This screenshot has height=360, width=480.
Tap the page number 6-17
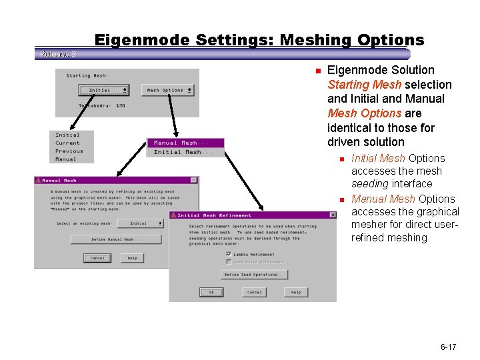448,347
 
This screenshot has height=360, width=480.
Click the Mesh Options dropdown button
169,90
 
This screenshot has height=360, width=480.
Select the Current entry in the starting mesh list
67,143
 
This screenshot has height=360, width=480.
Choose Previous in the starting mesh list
69,151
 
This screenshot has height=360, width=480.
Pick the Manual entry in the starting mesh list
66,159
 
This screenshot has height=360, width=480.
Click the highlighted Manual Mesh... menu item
184,143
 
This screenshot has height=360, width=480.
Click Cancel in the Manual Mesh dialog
97,258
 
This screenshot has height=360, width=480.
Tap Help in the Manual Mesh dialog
132,258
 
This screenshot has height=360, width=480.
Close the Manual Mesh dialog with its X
193,180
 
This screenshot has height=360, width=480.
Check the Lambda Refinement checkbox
229,254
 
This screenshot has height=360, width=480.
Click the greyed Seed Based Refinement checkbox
229,262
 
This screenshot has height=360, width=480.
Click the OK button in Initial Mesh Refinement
211,292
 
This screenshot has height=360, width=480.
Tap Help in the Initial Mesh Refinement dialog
296,292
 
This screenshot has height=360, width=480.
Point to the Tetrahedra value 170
121,105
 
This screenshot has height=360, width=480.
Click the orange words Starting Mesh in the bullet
364,85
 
